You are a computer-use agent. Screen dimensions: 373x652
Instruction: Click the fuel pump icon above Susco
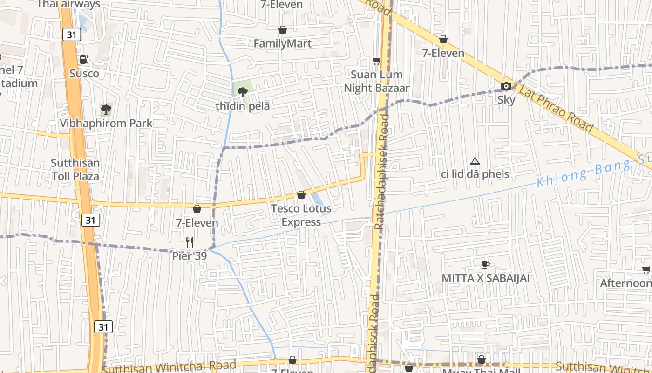tap(84, 60)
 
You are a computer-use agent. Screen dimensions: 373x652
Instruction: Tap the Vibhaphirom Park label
tap(106, 124)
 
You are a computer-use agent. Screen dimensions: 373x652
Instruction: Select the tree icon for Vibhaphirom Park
tap(106, 110)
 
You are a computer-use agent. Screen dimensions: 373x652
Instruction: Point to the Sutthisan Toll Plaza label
tap(75, 170)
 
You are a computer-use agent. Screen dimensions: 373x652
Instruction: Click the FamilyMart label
tap(282, 44)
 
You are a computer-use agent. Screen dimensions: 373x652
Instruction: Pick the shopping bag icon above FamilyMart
tap(282, 30)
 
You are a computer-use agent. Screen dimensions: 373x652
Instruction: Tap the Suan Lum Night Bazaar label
tap(377, 82)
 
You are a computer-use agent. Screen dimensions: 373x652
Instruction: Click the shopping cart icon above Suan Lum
tap(377, 61)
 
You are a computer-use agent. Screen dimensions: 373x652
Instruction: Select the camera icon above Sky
tap(506, 86)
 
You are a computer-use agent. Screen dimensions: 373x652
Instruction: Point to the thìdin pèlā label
tap(242, 106)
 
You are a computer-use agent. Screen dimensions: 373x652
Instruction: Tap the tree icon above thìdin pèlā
tap(242, 92)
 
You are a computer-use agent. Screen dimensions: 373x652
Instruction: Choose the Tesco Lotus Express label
tap(301, 215)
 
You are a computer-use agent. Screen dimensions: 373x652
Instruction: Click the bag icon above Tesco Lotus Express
tap(301, 195)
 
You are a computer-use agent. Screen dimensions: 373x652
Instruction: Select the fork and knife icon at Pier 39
tap(190, 242)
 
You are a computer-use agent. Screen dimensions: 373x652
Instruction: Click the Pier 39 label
tap(189, 256)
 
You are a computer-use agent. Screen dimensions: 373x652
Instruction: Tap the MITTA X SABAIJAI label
tap(486, 278)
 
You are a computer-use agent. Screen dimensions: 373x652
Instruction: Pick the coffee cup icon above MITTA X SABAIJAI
tap(486, 265)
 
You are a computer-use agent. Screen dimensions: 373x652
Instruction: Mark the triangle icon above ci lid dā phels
tap(475, 161)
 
